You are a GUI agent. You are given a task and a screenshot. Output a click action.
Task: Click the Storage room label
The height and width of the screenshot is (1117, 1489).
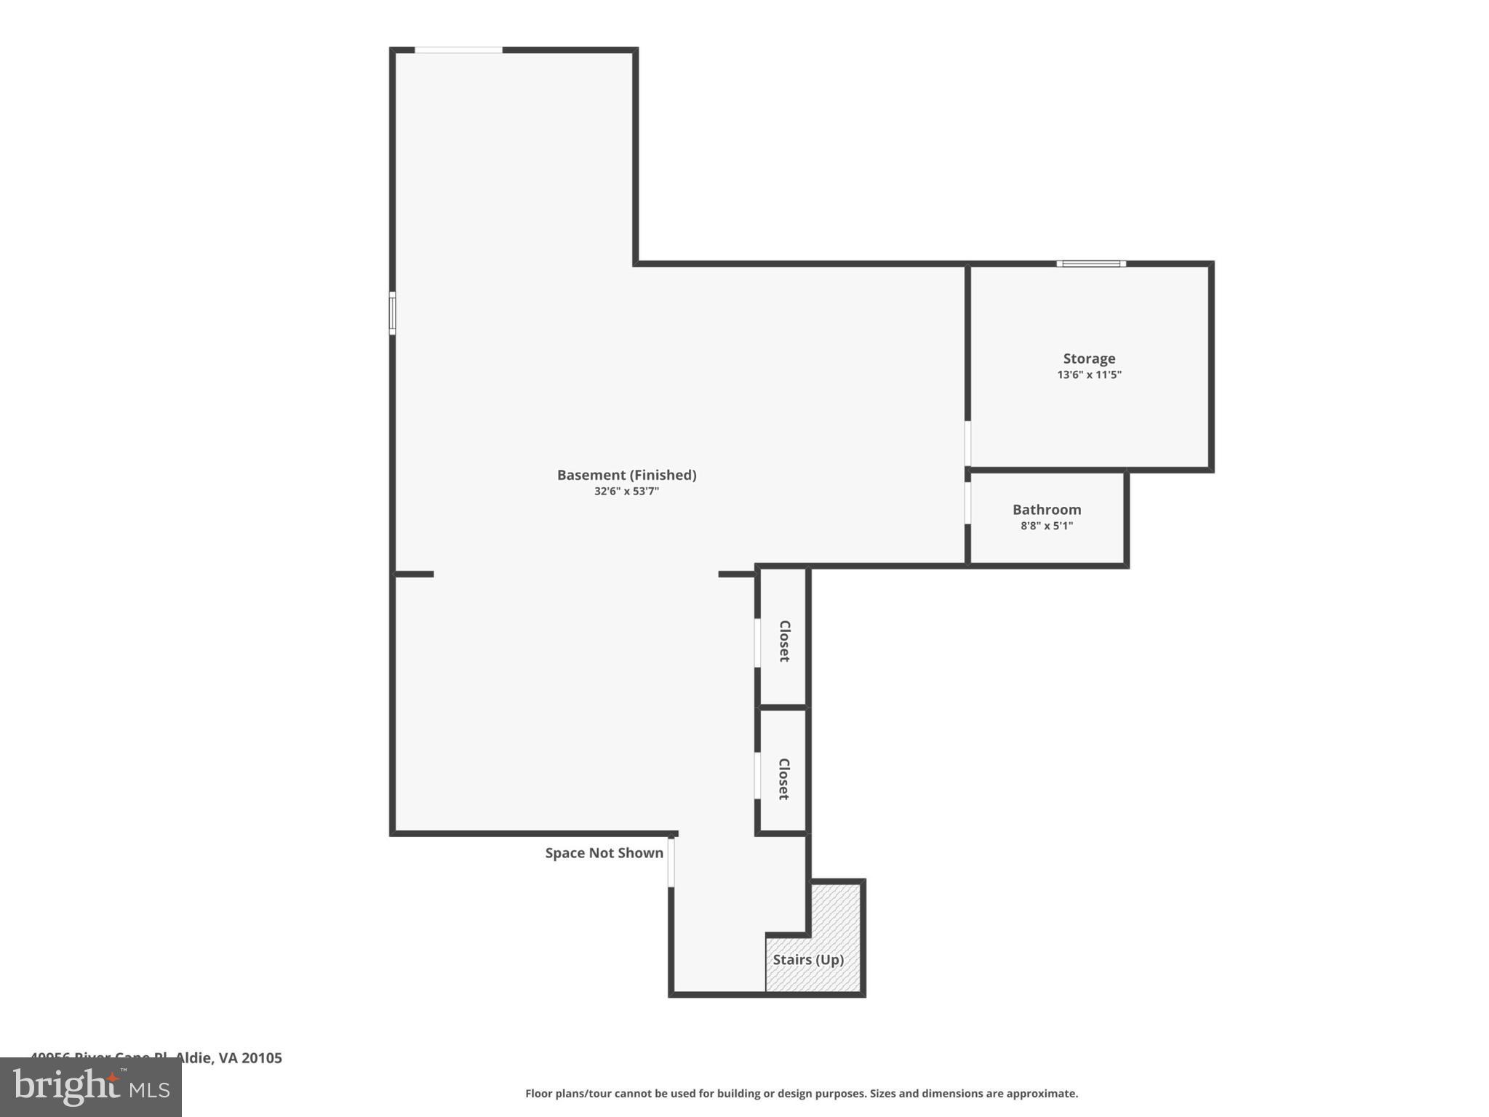(1088, 359)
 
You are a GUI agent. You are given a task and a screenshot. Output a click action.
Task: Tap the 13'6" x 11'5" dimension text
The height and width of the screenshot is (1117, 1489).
(1088, 375)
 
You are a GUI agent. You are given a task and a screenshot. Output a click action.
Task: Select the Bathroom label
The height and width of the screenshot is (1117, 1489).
(1046, 510)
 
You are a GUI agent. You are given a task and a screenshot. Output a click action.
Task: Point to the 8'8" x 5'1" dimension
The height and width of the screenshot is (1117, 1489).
(1046, 526)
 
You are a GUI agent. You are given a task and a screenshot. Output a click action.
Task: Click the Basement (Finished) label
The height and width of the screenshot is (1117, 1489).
(626, 475)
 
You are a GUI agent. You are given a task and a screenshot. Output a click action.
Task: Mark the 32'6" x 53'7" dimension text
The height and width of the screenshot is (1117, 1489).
(626, 492)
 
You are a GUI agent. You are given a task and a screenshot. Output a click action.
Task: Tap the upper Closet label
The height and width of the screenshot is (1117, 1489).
(784, 641)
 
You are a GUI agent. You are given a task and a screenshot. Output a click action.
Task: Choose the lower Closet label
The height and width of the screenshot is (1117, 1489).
(784, 779)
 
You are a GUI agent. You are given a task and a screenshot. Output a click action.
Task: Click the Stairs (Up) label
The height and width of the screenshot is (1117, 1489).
(807, 960)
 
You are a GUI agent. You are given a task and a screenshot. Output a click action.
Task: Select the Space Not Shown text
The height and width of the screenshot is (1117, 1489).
(604, 853)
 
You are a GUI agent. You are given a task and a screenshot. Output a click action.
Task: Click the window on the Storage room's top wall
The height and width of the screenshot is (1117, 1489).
(1090, 264)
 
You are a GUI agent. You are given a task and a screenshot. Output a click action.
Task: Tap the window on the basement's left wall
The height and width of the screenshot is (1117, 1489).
(393, 313)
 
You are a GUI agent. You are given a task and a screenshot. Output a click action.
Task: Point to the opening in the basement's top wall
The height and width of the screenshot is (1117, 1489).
(458, 50)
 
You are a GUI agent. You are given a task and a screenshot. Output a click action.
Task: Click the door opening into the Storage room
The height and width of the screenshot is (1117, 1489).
(967, 443)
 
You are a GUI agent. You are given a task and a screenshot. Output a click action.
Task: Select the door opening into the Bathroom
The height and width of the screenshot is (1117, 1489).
(967, 503)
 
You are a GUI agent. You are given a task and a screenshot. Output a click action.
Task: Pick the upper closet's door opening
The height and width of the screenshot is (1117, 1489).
(757, 642)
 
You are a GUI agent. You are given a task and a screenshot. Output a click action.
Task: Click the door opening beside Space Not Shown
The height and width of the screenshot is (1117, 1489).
(671, 862)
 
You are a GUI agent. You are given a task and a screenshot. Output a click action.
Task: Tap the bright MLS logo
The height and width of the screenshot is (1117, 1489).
(91, 1087)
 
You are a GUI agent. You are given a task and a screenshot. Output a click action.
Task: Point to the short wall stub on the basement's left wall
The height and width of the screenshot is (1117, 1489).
(414, 574)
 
